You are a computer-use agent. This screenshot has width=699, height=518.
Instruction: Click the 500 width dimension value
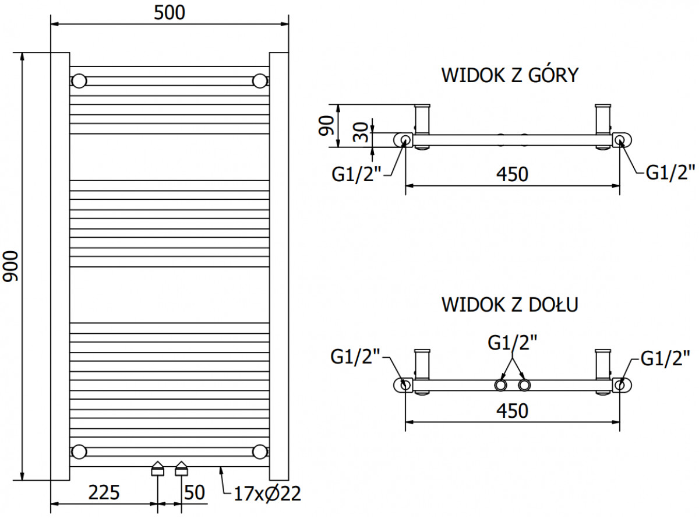170,13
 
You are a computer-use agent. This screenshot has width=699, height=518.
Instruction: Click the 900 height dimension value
10,266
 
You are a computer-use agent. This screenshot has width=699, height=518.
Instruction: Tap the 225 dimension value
104,493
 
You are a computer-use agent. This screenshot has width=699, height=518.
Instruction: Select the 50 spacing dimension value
195,493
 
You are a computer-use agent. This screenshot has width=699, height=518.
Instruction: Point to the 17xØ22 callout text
267,494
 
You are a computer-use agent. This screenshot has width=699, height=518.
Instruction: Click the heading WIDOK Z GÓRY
510,75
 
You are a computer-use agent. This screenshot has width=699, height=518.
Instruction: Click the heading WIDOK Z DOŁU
510,305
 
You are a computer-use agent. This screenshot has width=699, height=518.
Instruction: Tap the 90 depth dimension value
326,126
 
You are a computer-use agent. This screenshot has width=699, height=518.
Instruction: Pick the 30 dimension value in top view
361,132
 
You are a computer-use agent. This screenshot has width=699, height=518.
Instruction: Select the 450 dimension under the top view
513,174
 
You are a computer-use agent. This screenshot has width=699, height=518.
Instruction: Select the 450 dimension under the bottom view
513,411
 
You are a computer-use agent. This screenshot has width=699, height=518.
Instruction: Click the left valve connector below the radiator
158,468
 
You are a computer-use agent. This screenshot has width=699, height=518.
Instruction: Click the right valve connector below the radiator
181,468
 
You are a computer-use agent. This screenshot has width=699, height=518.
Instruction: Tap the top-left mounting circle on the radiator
79,81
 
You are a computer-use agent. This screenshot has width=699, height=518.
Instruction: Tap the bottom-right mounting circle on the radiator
260,452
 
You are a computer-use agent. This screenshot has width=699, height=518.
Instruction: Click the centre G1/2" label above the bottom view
513,343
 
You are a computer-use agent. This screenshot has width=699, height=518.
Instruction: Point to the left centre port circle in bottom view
500,385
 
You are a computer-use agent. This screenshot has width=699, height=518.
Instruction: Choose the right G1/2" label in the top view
670,172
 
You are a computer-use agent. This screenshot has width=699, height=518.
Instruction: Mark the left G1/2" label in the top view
356,174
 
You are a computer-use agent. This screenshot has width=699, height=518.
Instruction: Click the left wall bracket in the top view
422,119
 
